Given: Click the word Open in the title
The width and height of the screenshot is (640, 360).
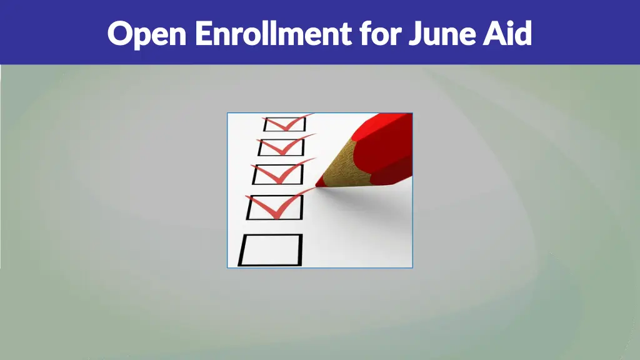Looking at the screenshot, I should [147, 34].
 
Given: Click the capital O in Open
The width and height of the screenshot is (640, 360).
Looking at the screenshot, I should [119, 33].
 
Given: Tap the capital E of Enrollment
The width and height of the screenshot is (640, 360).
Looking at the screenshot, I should [202, 33].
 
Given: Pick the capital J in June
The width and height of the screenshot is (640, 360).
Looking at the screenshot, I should [415, 34].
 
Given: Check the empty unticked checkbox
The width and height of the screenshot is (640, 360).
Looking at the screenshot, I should [270, 250].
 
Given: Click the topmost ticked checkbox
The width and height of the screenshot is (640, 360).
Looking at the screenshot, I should [284, 124].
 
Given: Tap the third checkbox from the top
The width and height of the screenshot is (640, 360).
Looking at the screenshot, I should [277, 174].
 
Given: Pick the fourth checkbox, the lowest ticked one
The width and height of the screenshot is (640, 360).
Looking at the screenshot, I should [274, 207].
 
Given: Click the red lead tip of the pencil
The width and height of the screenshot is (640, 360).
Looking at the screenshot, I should [321, 182].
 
